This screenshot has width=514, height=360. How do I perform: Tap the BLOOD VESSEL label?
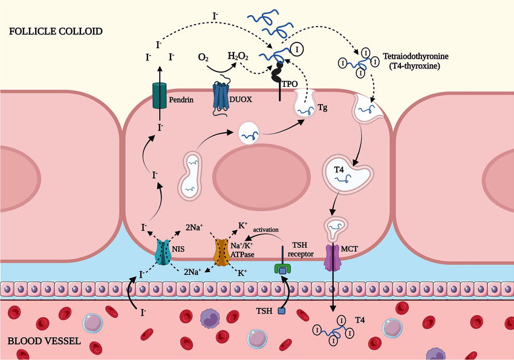tap(44, 341)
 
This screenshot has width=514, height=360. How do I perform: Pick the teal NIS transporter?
tap(164, 251)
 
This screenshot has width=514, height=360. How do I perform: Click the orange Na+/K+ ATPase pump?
tap(222, 252)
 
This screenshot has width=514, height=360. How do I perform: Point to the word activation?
tap(267, 229)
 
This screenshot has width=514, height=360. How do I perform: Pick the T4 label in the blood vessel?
tap(360, 319)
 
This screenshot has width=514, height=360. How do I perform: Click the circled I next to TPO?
tap(297, 47)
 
